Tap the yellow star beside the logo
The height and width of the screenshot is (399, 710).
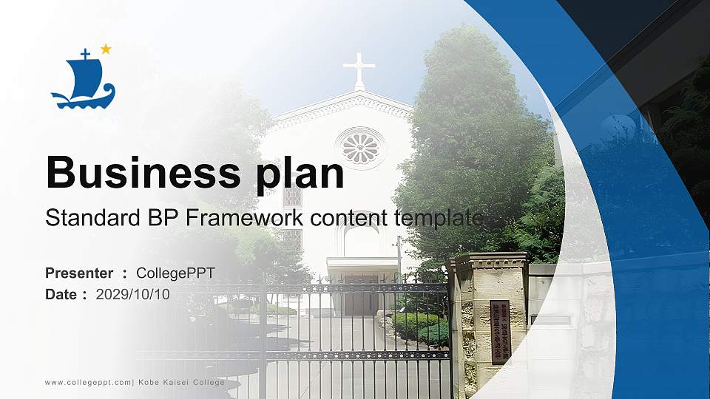[x=106, y=49]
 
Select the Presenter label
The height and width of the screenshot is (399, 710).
[x=79, y=273]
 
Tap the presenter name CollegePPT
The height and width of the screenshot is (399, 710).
[x=176, y=273]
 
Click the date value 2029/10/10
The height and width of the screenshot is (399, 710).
[x=133, y=294]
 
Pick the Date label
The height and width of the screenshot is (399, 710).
[x=61, y=294]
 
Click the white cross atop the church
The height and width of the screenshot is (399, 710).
[x=359, y=69]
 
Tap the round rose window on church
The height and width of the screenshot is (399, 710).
[x=360, y=147]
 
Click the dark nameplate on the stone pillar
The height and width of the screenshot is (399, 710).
[x=501, y=332]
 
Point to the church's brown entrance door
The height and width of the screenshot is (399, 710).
[x=361, y=295]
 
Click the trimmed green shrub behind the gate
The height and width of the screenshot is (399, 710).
[x=419, y=326]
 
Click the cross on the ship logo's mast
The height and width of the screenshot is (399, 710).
[x=85, y=53]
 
